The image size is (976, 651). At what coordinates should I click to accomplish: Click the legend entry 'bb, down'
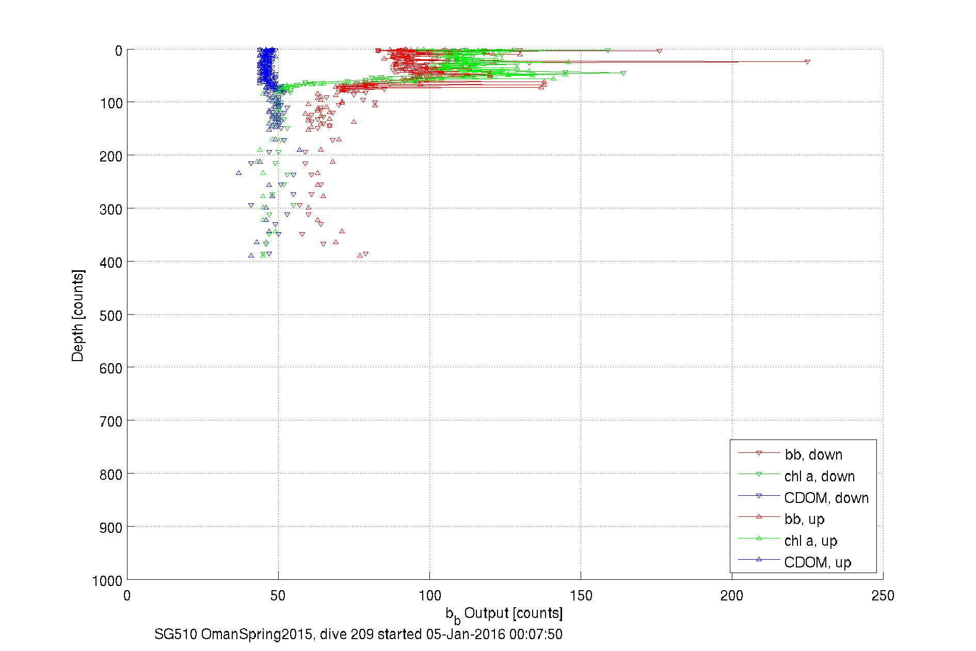(x=813, y=454)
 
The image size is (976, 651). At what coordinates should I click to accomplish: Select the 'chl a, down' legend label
(x=819, y=476)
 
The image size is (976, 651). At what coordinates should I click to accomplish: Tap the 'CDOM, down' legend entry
(x=826, y=498)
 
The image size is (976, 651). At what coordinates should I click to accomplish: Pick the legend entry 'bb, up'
(x=804, y=519)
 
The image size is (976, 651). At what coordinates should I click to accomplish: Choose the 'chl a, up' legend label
(x=810, y=541)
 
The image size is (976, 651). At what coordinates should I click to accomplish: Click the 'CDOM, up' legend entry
(x=817, y=562)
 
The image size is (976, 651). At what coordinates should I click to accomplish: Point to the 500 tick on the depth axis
(x=111, y=315)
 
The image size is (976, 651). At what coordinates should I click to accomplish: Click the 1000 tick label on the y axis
(x=107, y=581)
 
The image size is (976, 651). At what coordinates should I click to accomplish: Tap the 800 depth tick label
(x=111, y=475)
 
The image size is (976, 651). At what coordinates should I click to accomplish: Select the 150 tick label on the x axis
(x=581, y=596)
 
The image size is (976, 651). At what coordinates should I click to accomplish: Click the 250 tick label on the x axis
(x=883, y=596)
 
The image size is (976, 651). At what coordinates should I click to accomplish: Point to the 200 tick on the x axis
(x=732, y=596)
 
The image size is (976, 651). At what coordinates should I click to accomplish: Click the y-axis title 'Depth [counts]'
(x=77, y=315)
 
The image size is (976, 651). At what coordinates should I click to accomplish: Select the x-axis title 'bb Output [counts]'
(x=504, y=614)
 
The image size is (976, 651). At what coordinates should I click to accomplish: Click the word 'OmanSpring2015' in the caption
(x=256, y=634)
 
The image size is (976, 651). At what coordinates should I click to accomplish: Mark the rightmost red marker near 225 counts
(x=807, y=62)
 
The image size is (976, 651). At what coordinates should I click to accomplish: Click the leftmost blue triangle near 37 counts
(x=238, y=173)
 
